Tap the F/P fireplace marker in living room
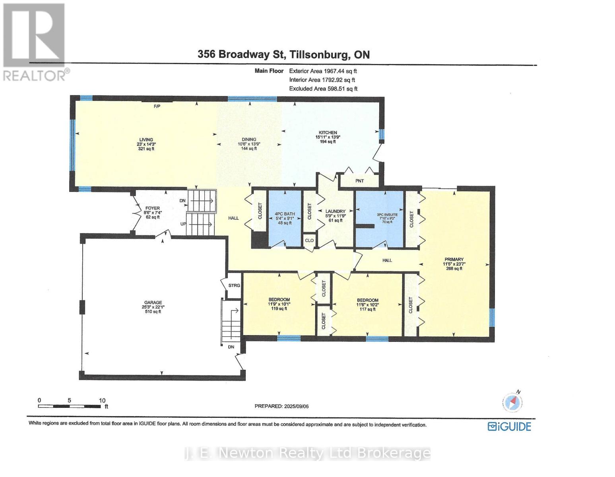(x=157, y=107)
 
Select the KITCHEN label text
(x=328, y=133)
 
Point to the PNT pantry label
(x=359, y=181)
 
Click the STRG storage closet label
(x=234, y=285)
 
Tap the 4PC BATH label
(x=285, y=214)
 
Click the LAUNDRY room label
(x=336, y=211)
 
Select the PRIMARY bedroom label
(x=454, y=259)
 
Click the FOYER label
(x=152, y=208)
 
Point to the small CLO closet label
(x=309, y=240)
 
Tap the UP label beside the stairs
(x=183, y=224)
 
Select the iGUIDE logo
(x=509, y=427)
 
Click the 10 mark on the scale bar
(x=102, y=401)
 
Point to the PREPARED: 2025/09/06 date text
(x=281, y=406)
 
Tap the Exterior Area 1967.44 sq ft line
(x=323, y=71)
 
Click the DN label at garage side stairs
(x=231, y=347)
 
